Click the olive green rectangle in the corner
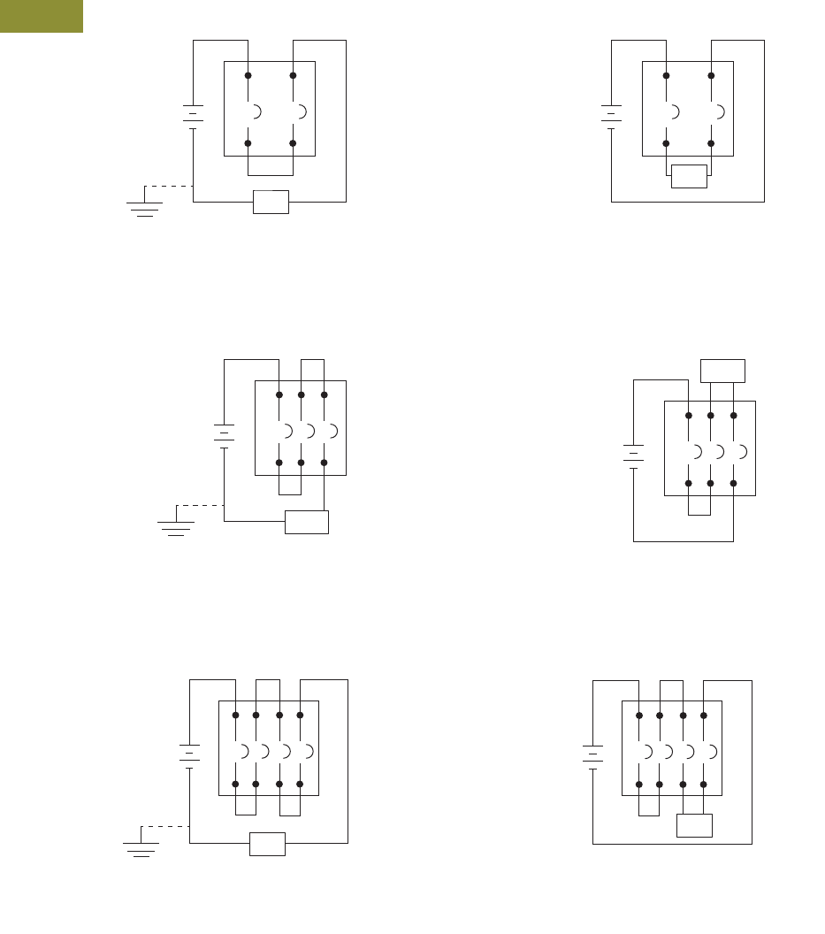click(x=41, y=16)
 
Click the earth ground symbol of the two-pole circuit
click(x=144, y=208)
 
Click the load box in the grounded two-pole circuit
click(x=271, y=202)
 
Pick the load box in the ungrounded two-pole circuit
click(x=689, y=176)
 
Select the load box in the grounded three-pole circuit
click(x=307, y=522)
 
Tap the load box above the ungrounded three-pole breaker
click(x=722, y=371)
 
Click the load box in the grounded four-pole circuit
click(x=267, y=844)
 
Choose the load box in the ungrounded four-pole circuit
click(x=694, y=825)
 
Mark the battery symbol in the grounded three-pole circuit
click(x=224, y=434)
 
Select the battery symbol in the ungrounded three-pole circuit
click(x=633, y=456)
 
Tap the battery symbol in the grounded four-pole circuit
click(x=189, y=754)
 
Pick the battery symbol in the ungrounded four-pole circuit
click(x=592, y=754)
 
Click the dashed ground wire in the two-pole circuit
click(x=168, y=186)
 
